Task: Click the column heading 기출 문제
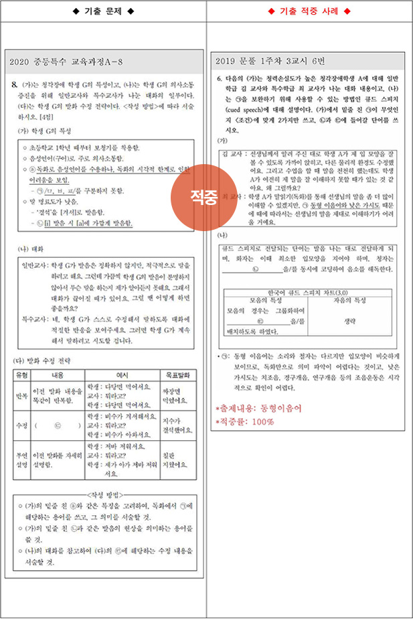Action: pos(103,11)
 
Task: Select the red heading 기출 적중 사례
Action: pos(309,11)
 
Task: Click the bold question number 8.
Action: pos(15,85)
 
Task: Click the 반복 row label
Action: pos(21,396)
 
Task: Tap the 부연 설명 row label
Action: pos(21,459)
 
